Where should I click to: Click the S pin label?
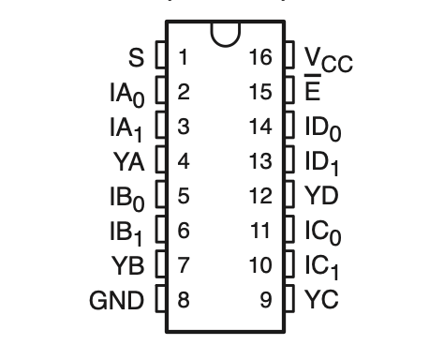pyautogui.click(x=137, y=58)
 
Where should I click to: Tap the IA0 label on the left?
pyautogui.click(x=126, y=94)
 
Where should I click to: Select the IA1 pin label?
pyautogui.click(x=126, y=127)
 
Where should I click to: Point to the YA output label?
pyautogui.click(x=128, y=161)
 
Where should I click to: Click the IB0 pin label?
pyautogui.click(x=126, y=197)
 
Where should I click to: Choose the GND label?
pyautogui.click(x=117, y=301)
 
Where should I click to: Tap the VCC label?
pyautogui.click(x=330, y=60)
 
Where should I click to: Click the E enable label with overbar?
pyautogui.click(x=313, y=92)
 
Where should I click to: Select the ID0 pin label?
pyautogui.click(x=324, y=127)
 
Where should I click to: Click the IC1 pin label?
pyautogui.click(x=323, y=266)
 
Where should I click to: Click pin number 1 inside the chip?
pyautogui.click(x=184, y=57)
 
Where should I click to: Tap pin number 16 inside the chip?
pyautogui.click(x=261, y=57)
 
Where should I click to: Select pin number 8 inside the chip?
pyautogui.click(x=184, y=301)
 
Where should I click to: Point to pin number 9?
pyautogui.click(x=267, y=301)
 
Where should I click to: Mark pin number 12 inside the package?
pyautogui.click(x=261, y=196)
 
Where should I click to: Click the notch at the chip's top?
pyautogui.click(x=224, y=35)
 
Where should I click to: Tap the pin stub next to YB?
pyautogui.click(x=160, y=266)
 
